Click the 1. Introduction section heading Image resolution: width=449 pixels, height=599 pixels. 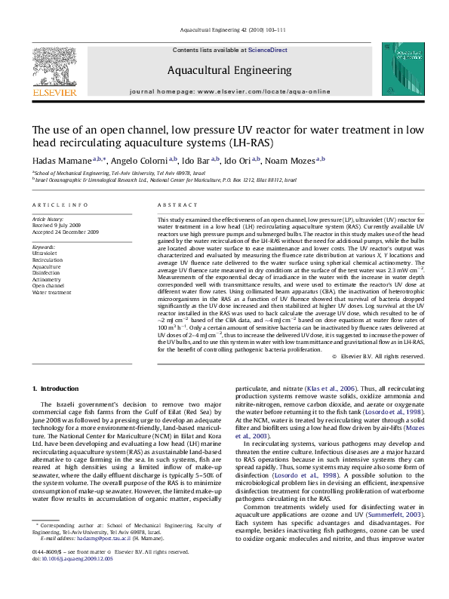coord(57,388)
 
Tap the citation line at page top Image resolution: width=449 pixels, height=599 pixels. coord(224,30)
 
